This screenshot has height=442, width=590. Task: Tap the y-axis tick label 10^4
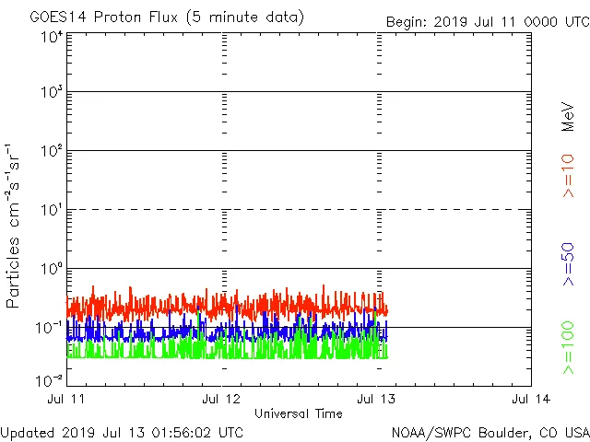tap(52, 37)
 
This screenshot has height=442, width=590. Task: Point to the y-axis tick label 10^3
tap(52, 92)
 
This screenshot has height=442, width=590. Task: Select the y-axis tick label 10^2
tap(52, 151)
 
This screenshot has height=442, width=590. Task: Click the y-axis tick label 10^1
tap(52, 210)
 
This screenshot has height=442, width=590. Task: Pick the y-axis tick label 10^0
tap(52, 269)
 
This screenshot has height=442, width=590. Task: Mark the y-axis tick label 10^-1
tap(50, 327)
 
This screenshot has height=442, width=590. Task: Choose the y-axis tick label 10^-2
tap(50, 379)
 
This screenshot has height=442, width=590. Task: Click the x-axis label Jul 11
tap(66, 399)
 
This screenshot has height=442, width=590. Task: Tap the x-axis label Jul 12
tap(221, 399)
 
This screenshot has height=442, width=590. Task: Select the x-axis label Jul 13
tap(376, 399)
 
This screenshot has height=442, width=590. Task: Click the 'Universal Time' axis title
tap(298, 413)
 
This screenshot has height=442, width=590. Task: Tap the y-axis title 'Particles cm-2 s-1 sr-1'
tap(16, 226)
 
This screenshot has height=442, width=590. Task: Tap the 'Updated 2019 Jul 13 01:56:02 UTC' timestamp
tap(123, 432)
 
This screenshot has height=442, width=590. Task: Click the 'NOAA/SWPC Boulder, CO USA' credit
tap(490, 432)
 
